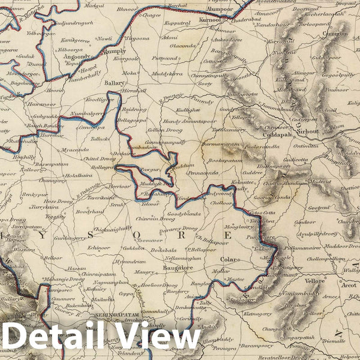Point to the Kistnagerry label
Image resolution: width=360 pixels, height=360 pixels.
[253, 314]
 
